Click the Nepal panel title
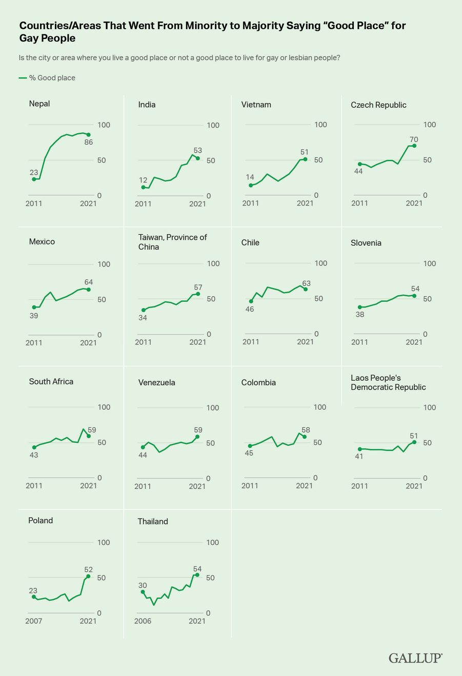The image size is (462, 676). click(39, 104)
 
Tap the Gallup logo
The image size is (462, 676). click(415, 658)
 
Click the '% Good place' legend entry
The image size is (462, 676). click(47, 78)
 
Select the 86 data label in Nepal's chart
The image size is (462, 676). click(89, 142)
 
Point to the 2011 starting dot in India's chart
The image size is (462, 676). click(143, 188)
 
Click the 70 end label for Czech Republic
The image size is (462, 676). click(414, 139)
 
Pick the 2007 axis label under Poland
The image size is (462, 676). click(33, 621)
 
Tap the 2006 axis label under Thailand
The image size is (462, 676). click(143, 621)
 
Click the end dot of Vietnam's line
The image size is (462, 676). click(305, 159)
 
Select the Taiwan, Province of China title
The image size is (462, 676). click(172, 242)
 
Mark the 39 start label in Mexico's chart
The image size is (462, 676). click(34, 316)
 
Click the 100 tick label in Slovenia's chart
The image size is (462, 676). click(430, 263)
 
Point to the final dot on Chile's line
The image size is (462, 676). click(306, 289)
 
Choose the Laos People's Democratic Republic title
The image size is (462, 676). click(388, 382)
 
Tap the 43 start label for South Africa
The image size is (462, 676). click(34, 455)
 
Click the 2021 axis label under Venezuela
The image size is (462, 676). click(197, 486)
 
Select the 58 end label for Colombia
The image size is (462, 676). click(306, 430)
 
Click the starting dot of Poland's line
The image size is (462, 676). click(34, 597)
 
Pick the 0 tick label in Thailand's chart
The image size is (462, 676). click(208, 613)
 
